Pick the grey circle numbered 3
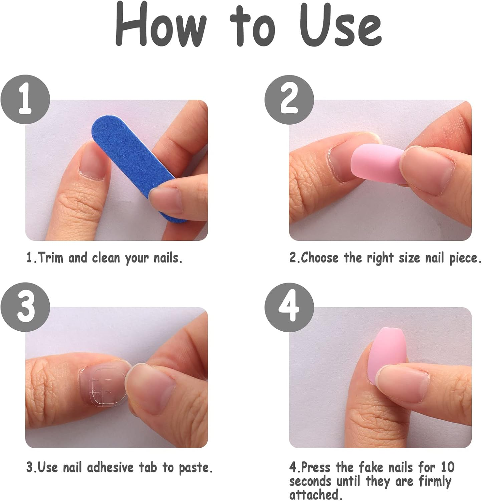(x=25, y=307)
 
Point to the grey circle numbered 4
(x=289, y=307)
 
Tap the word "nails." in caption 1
(x=168, y=258)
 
